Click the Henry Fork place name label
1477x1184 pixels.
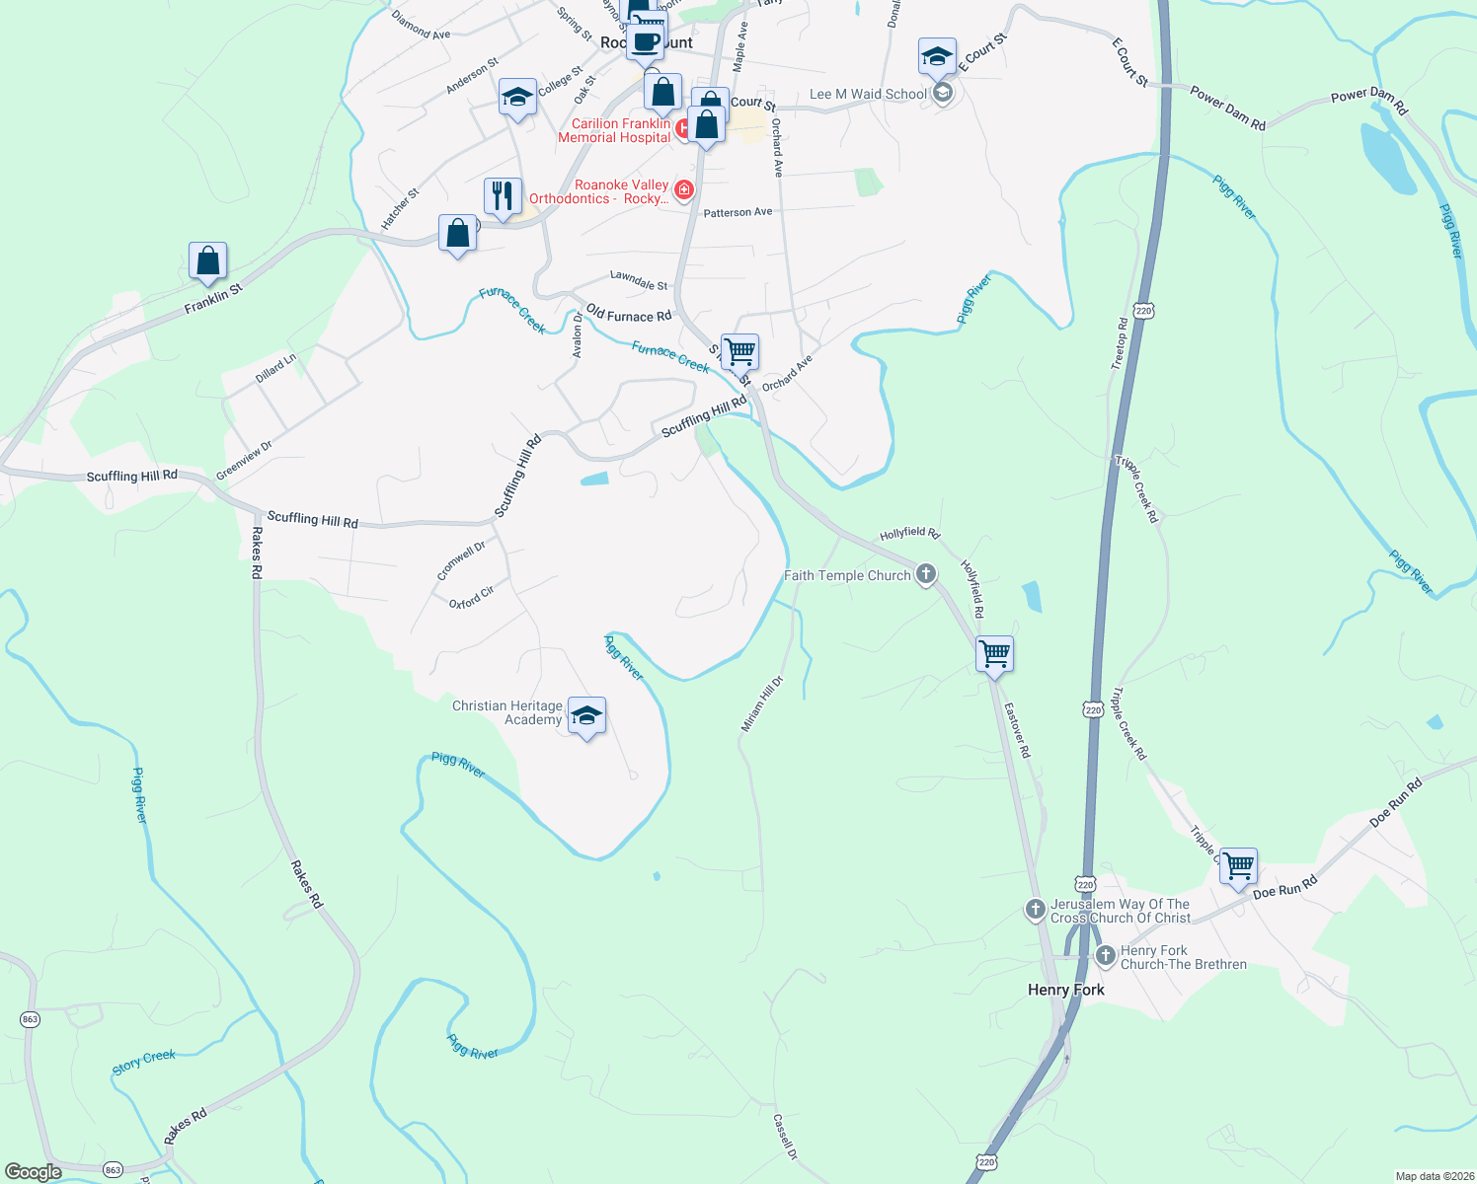1065,990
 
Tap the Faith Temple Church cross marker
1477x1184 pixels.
925,574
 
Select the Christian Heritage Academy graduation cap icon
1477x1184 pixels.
586,716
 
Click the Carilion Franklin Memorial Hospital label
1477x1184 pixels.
614,130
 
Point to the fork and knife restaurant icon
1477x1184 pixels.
503,196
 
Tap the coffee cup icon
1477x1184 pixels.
646,42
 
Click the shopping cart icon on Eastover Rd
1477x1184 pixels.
994,653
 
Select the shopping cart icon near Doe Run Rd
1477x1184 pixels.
1238,866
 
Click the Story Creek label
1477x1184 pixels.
143,1062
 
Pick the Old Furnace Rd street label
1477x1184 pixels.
628,315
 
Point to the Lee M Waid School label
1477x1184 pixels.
868,94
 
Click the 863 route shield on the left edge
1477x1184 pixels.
30,1019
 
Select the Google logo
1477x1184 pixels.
33,1171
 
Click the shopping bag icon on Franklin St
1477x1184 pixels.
207,261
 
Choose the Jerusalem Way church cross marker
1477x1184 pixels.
1035,910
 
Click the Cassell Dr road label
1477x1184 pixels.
785,1137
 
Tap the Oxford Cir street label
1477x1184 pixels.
471,597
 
